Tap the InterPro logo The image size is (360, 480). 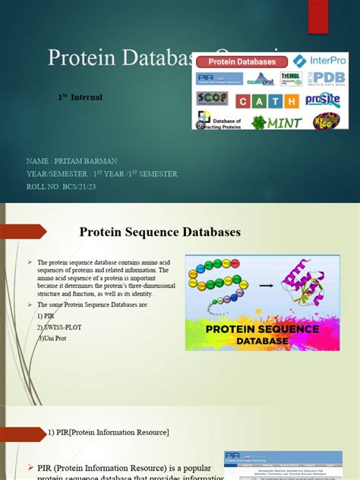321,61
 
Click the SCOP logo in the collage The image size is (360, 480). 212,99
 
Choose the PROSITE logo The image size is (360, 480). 323,99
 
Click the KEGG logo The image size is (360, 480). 327,120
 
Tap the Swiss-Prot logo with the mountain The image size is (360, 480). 258,79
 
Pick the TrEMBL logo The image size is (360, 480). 291,78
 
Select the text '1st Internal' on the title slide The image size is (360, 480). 80,97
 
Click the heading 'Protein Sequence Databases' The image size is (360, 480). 160,232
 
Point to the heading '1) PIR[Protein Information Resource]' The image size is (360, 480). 113,432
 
